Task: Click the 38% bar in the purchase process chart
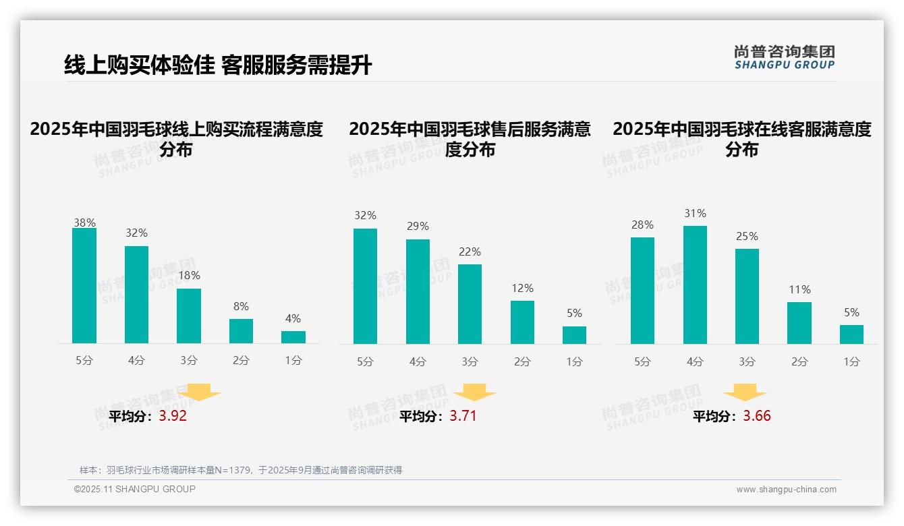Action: tap(84, 286)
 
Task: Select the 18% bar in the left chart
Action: tap(189, 316)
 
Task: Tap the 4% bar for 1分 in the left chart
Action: tap(293, 337)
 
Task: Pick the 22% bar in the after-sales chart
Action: tap(470, 304)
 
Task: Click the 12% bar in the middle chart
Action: tap(522, 322)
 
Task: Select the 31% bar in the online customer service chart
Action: tap(695, 285)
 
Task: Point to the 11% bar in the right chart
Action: tap(799, 323)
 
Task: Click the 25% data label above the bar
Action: tap(747, 237)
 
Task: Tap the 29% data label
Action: tap(418, 227)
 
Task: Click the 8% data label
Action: tap(241, 306)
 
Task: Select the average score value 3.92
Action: tap(173, 416)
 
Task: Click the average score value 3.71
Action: tap(463, 416)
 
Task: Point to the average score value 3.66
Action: tap(757, 416)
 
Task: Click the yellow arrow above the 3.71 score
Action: tap(474, 392)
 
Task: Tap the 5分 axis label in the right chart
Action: tap(642, 361)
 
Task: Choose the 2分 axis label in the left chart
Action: tap(241, 361)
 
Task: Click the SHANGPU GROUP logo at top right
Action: tap(784, 57)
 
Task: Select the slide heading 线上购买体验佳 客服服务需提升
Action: tap(218, 65)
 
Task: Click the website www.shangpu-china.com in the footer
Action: tap(786, 490)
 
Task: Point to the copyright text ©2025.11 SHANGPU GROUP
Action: tap(135, 489)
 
